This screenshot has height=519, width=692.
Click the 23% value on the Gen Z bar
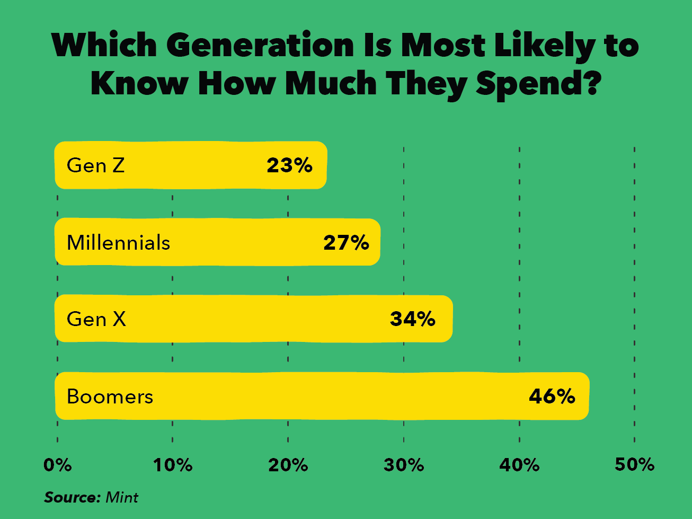[x=289, y=165]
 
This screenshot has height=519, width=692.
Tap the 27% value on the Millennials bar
[x=346, y=243]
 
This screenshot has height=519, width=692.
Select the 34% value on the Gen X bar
[x=413, y=319]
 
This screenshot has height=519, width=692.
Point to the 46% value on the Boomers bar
[x=552, y=397]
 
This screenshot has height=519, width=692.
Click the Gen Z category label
[x=96, y=165]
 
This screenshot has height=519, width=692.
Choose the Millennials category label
[x=118, y=243]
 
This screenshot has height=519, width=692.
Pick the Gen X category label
[x=96, y=319]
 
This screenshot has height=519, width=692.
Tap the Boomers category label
[x=110, y=397]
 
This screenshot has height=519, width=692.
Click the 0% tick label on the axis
[x=57, y=465]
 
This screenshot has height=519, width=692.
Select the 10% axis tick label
[x=173, y=465]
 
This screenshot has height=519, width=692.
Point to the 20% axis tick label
[x=288, y=465]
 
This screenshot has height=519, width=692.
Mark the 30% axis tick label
[x=404, y=465]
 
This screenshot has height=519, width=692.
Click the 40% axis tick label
[x=519, y=465]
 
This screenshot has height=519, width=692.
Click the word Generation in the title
[x=260, y=46]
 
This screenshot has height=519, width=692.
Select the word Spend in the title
[x=537, y=84]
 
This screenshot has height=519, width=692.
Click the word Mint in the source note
[x=122, y=497]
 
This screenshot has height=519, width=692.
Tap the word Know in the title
[x=139, y=84]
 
